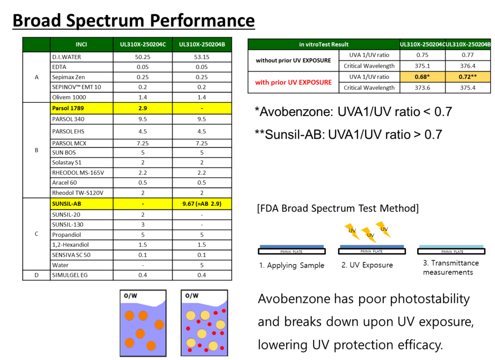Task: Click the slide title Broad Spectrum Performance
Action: point(133,20)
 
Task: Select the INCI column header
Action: point(81,44)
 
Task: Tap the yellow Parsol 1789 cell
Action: point(81,108)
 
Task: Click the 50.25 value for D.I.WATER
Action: point(143,57)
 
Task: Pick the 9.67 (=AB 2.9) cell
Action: point(202,204)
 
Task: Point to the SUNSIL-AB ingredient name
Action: point(67,204)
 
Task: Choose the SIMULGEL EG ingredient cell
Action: point(81,275)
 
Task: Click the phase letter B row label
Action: point(37,150)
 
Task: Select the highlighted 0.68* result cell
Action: point(422,77)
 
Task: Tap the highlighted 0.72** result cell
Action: point(468,77)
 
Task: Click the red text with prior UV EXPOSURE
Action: point(293,82)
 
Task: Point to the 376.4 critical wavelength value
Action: point(467,66)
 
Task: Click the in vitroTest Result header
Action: point(323,44)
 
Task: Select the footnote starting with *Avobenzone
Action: point(353,112)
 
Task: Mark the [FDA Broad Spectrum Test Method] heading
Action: point(338,208)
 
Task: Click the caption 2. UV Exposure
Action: point(367,265)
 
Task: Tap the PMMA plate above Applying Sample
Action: point(291,251)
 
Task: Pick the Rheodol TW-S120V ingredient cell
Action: point(81,193)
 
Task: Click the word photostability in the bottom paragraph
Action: point(430,299)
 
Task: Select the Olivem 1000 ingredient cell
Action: point(81,97)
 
